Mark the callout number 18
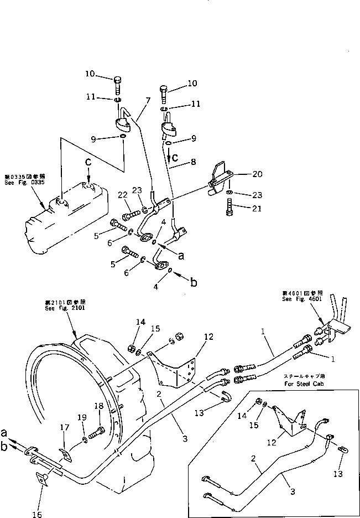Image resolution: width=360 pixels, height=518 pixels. point(99,406)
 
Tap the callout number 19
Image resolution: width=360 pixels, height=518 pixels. point(81,417)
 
